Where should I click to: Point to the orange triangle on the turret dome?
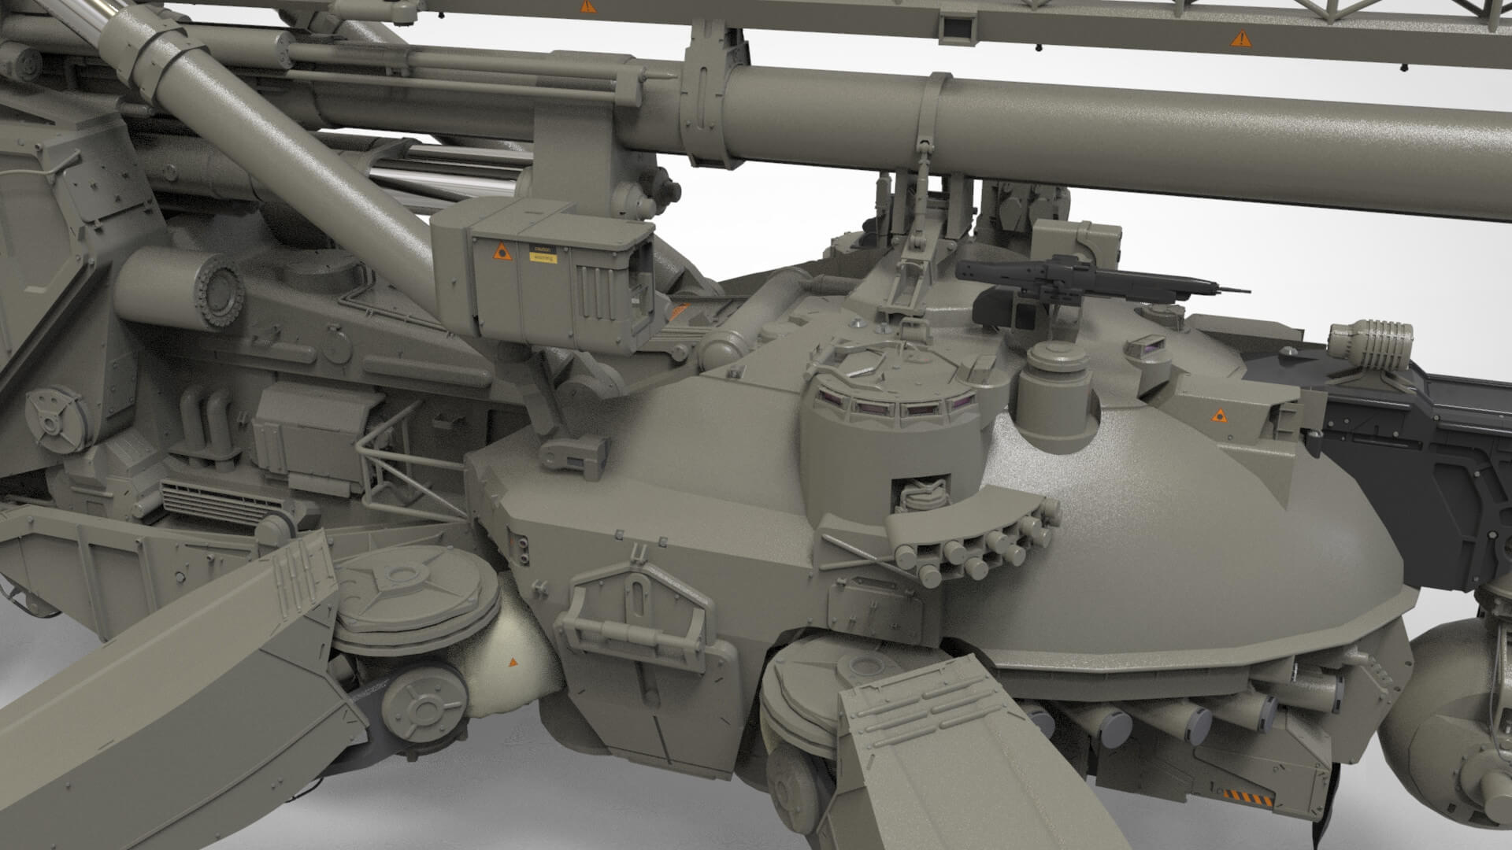pyautogui.click(x=1218, y=414)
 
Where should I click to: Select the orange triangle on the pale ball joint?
pyautogui.click(x=513, y=663)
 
